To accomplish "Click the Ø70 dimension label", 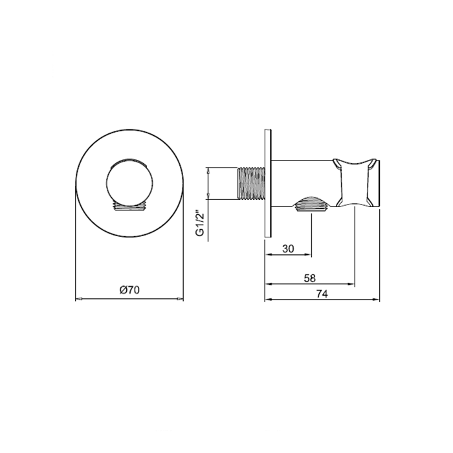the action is click(x=129, y=290).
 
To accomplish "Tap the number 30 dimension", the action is click(x=288, y=249).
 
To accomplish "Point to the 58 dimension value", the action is click(x=310, y=278).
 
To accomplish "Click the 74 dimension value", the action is click(x=322, y=294).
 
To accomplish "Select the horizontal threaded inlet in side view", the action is click(x=251, y=183).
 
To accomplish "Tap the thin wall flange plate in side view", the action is click(x=268, y=183).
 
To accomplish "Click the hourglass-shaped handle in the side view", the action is click(x=355, y=183).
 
